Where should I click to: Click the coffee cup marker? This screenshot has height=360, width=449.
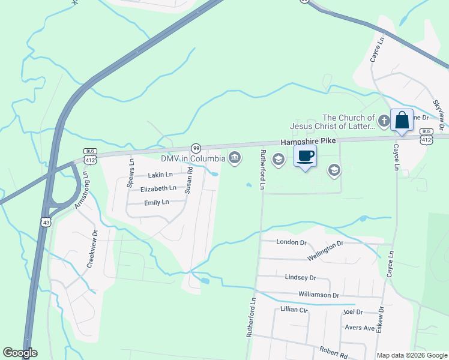(x=305, y=156)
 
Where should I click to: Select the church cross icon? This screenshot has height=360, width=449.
(x=384, y=122)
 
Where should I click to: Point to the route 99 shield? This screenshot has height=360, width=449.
(x=196, y=148)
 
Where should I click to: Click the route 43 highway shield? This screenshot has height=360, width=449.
(x=46, y=222)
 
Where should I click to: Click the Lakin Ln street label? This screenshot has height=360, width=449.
(x=160, y=175)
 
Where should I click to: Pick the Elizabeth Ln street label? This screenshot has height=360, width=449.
(x=158, y=188)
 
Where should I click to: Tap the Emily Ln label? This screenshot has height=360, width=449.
(x=157, y=203)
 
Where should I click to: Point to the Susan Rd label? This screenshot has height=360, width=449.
(x=188, y=179)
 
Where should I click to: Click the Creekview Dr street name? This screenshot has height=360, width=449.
(x=92, y=248)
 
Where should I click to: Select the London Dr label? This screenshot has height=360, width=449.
(x=291, y=242)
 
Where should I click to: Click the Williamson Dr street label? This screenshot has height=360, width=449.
(x=318, y=295)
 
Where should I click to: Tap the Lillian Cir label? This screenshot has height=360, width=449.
(x=294, y=310)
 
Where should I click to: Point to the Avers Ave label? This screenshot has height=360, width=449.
(x=360, y=328)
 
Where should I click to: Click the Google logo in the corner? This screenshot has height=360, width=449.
(x=20, y=353)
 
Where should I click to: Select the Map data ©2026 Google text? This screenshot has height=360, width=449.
(x=411, y=355)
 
